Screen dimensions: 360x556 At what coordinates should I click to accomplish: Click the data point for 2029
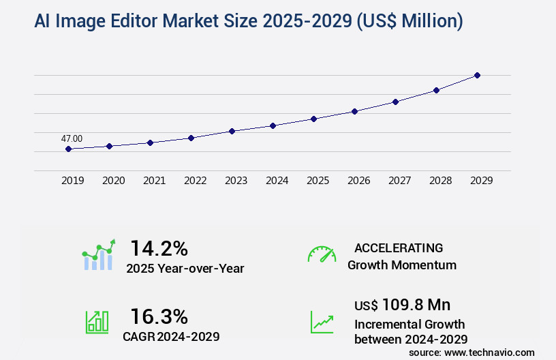coord(477,75)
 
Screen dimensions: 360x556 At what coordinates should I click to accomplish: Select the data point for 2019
coord(68,149)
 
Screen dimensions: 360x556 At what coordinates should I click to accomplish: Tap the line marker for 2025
coord(313,119)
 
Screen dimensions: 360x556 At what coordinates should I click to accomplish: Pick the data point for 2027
coord(395,102)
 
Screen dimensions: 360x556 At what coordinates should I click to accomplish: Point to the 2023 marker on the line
coord(232,131)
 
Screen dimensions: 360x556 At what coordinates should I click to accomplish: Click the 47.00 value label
coord(72,138)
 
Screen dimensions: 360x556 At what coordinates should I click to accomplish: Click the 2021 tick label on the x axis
coord(154,181)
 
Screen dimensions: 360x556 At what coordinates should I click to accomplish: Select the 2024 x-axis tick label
coord(277,181)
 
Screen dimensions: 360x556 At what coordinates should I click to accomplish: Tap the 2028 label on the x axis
coord(440,181)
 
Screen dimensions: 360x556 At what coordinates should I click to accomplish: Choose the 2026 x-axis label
coord(358,181)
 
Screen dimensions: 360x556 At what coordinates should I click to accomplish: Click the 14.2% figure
coord(159,247)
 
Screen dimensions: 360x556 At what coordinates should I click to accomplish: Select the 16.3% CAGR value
coord(159,316)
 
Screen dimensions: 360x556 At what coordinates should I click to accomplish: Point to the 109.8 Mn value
coord(416,305)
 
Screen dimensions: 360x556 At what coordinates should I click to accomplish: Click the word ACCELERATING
coord(399,247)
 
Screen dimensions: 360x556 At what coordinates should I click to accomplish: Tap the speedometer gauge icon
coord(322,254)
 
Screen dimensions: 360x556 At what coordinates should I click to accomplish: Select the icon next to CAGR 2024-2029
coord(97,322)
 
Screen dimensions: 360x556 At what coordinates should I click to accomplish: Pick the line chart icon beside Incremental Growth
coord(322,322)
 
